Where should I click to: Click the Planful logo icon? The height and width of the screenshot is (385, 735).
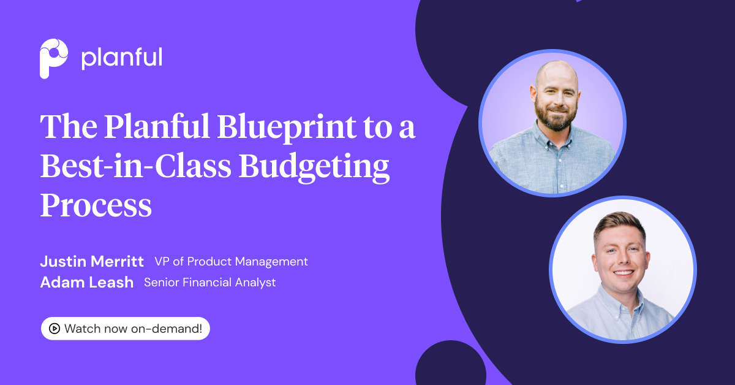coord(53,58)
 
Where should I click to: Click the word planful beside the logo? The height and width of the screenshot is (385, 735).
coord(121,58)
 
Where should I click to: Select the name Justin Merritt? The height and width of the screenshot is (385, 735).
coord(92,262)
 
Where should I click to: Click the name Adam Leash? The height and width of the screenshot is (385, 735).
coord(86,283)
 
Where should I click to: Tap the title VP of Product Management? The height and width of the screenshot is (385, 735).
coord(231,262)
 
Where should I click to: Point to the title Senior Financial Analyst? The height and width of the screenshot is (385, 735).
coord(209,283)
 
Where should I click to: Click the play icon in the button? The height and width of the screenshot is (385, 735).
coord(54,329)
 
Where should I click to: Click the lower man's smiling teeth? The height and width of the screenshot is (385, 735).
coord(621,272)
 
